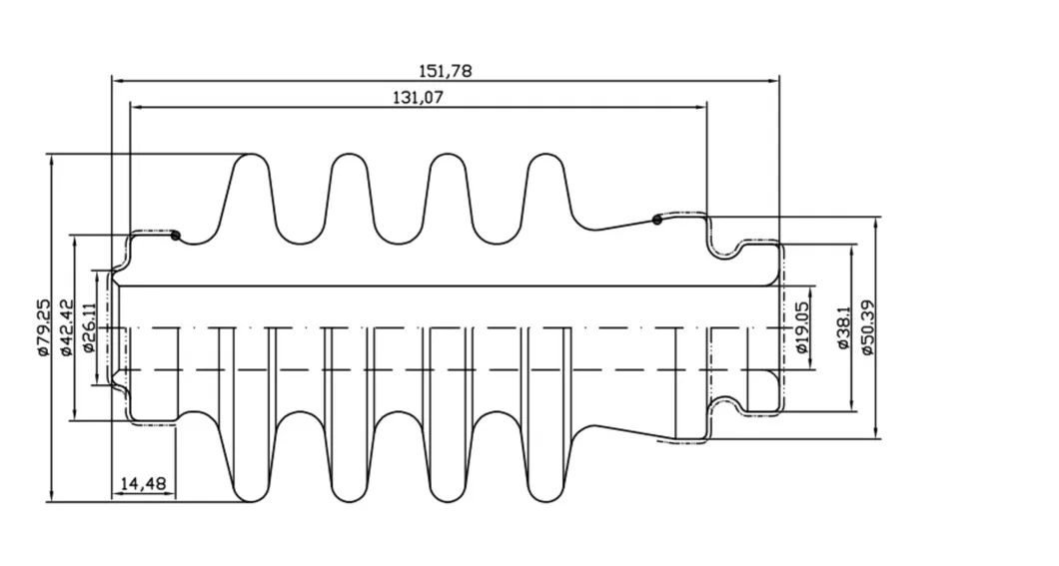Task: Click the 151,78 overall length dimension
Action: [x=445, y=71]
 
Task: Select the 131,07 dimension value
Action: [x=418, y=98]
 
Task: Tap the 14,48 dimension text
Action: [x=143, y=484]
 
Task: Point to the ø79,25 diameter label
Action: [x=43, y=327]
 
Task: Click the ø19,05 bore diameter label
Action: [x=801, y=327]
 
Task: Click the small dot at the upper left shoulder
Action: [x=176, y=236]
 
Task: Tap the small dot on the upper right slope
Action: [x=657, y=220]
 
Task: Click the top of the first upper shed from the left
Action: [x=252, y=155]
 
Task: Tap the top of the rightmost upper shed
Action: [x=545, y=155]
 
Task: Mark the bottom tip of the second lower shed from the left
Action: [x=350, y=502]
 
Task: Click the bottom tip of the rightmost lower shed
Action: [x=545, y=502]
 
